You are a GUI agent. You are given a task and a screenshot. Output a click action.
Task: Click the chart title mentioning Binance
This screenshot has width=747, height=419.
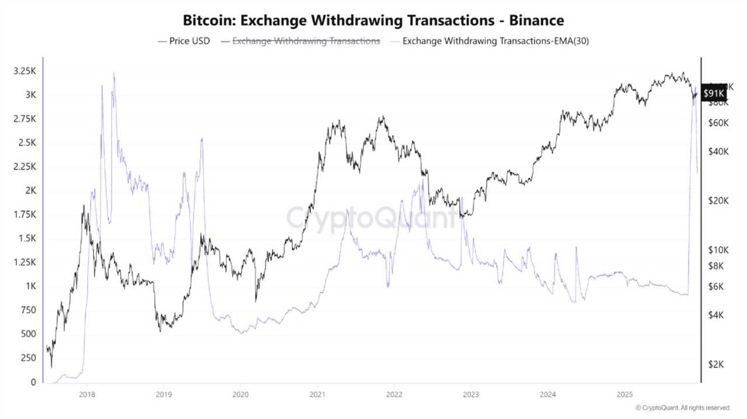tap(373, 20)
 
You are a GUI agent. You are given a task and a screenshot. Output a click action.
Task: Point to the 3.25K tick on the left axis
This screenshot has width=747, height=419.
tap(25, 71)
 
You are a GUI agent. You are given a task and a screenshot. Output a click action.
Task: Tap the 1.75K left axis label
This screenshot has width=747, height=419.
tap(25, 215)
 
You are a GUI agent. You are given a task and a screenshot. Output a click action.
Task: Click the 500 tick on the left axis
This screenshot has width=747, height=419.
tap(28, 334)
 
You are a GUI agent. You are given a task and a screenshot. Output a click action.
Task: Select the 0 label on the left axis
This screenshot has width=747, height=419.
tap(33, 382)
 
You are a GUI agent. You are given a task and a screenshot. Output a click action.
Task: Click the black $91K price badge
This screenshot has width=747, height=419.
tap(714, 94)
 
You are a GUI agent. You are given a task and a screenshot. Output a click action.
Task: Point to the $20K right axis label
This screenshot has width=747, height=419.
tap(715, 200)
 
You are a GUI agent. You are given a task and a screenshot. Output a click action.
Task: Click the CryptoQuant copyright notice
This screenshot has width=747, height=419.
tap(682, 407)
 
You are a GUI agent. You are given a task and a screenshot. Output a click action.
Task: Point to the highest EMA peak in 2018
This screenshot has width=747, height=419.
tap(114, 74)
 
